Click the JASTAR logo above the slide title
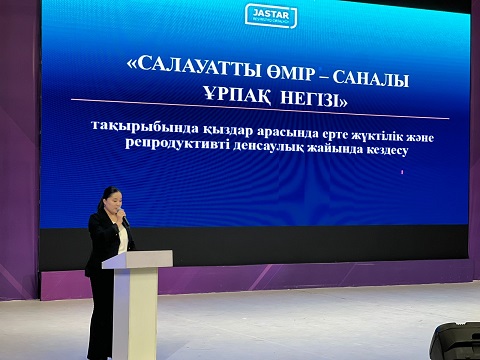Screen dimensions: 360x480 click(x=271, y=15)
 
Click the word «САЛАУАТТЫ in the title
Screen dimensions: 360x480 click(x=186, y=67)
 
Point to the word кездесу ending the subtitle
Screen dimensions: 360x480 click(x=385, y=152)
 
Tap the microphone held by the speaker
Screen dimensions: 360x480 click(x=123, y=217)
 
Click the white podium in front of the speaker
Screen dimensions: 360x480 click(x=136, y=305)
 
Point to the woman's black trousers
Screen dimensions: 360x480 click(x=100, y=315)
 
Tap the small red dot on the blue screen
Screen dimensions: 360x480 click(x=401, y=173)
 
